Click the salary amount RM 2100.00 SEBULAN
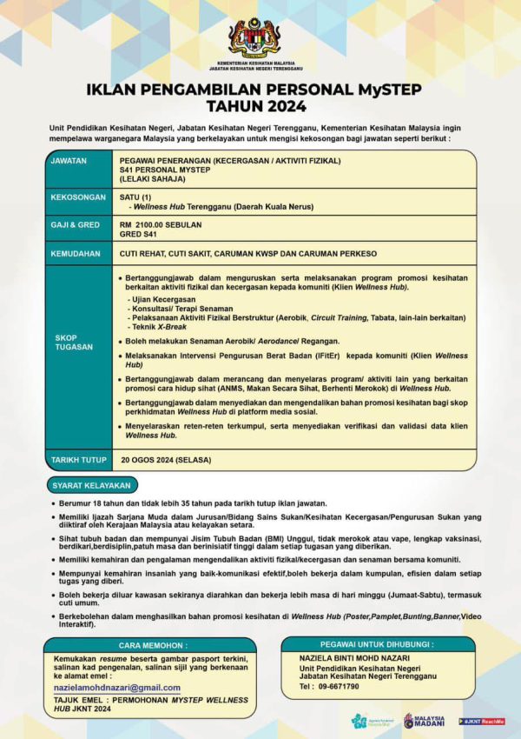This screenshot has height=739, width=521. click(161, 224)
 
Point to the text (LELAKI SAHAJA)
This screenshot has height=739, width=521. click(152, 178)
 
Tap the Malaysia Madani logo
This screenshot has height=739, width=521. click(423, 721)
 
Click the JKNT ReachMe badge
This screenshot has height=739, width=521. click(482, 721)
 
